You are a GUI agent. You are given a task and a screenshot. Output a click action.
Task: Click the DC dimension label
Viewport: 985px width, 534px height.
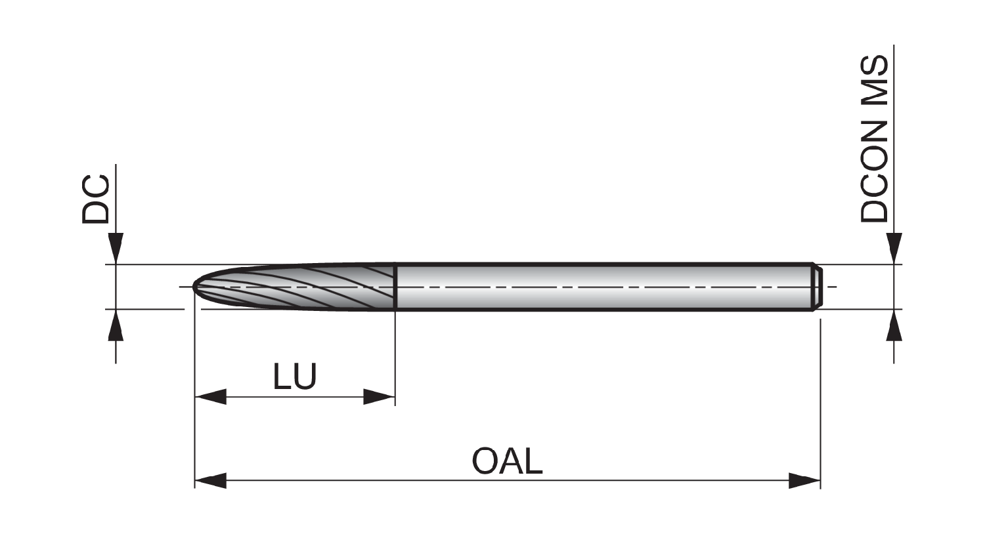pos(95,199)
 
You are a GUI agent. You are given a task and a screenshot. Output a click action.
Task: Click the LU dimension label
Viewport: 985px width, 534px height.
pos(295,377)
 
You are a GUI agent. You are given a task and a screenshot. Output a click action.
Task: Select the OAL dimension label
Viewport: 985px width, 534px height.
pos(507,461)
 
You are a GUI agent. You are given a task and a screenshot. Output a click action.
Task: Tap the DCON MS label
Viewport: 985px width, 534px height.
pos(874,139)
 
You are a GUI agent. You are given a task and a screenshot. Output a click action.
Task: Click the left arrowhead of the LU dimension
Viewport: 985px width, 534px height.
pos(211,397)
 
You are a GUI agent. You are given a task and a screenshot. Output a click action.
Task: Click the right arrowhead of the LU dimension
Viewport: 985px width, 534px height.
pos(379,397)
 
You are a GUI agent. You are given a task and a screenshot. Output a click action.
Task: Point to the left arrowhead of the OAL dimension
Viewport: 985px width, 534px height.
pos(211,480)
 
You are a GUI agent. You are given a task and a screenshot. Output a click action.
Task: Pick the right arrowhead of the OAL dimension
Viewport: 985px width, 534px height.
pos(804,480)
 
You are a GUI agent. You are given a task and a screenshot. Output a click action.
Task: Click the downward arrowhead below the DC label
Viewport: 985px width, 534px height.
pos(116,249)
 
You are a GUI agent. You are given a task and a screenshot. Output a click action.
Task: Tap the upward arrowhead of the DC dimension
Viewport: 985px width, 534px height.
pos(116,325)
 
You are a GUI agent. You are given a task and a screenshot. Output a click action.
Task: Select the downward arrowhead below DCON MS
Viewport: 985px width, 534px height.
pos(894,249)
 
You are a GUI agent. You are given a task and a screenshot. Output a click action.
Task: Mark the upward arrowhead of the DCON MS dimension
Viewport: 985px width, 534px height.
pos(894,325)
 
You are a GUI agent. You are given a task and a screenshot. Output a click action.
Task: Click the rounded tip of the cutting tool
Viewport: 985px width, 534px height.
pos(195,287)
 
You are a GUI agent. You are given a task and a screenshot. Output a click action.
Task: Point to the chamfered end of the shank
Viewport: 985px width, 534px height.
pos(817,287)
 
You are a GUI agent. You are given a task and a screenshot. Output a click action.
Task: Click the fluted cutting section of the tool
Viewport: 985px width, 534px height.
pos(295,287)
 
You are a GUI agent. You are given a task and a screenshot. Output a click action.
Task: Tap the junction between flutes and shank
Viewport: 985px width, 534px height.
pos(395,287)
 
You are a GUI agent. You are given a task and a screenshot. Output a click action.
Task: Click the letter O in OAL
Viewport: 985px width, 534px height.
pos(486,461)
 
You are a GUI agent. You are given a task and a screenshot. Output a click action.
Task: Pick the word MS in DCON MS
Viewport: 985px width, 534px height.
pos(874,82)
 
